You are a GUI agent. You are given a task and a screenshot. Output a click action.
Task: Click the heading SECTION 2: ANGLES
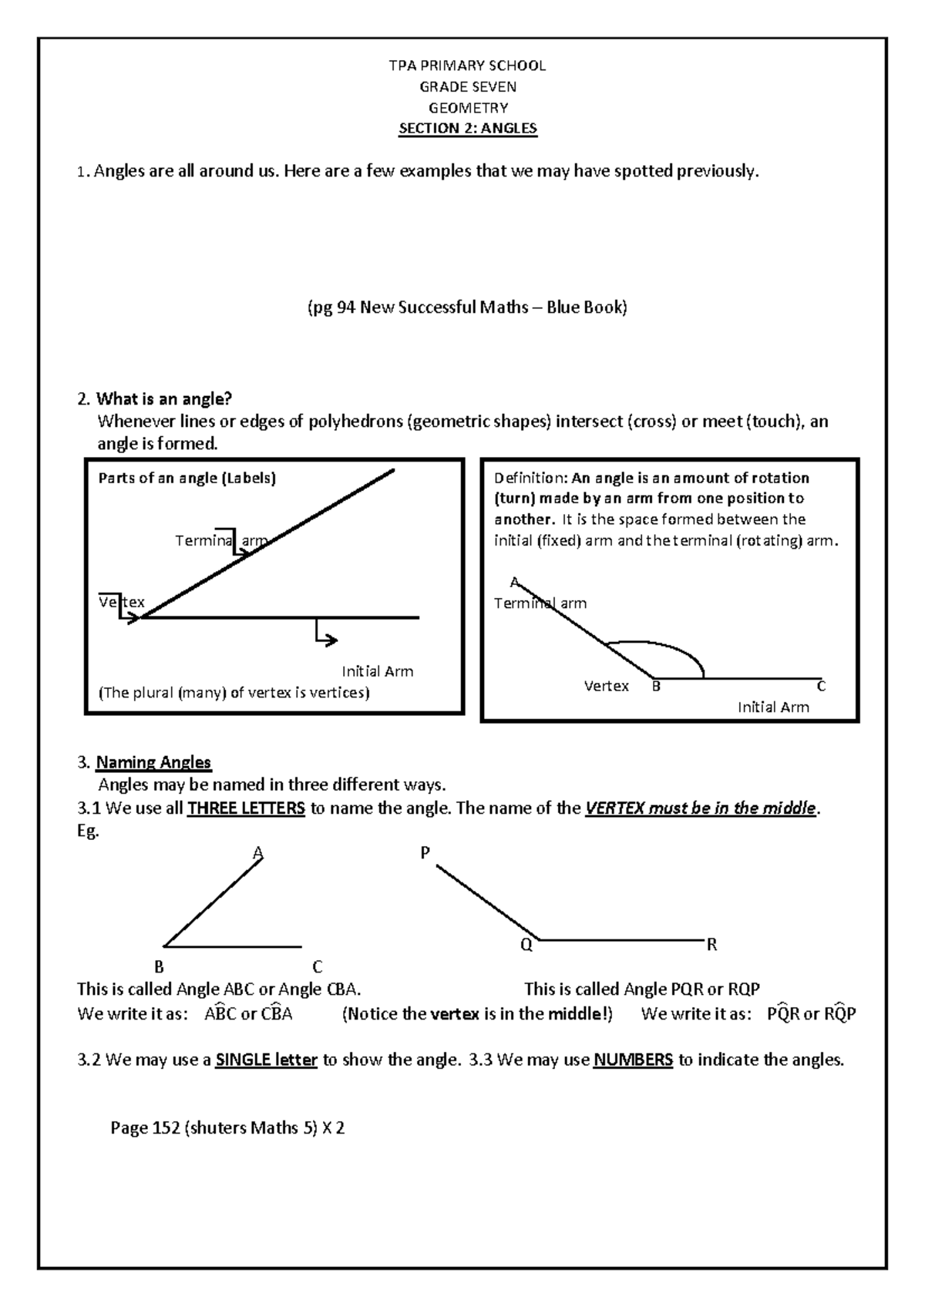[467, 128]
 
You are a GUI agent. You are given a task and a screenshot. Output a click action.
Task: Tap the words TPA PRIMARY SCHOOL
[467, 66]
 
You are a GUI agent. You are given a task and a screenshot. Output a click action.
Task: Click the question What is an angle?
[163, 398]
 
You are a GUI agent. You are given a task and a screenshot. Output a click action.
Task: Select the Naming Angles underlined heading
[153, 762]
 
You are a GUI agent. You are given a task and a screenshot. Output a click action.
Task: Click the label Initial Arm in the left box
[377, 671]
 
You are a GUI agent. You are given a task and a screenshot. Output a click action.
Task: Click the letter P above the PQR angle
[425, 852]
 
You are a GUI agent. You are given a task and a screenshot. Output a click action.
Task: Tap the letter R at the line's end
[711, 945]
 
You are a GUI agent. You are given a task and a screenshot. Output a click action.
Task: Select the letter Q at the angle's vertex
[526, 946]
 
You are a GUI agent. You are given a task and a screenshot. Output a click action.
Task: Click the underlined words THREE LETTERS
[246, 808]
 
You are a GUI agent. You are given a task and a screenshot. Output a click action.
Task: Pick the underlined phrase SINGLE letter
[267, 1060]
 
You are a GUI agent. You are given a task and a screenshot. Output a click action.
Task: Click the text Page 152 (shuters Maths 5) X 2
[227, 1128]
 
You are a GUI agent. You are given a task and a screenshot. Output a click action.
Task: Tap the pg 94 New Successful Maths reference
[462, 307]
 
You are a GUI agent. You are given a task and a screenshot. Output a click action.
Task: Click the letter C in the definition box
[821, 685]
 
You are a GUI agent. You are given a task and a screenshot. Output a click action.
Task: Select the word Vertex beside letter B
[606, 686]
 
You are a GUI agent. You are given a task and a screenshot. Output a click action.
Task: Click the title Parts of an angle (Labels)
[187, 478]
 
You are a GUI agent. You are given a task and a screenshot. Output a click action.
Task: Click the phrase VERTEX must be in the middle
[700, 808]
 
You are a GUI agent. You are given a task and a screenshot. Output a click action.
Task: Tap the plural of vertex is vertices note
[234, 692]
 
